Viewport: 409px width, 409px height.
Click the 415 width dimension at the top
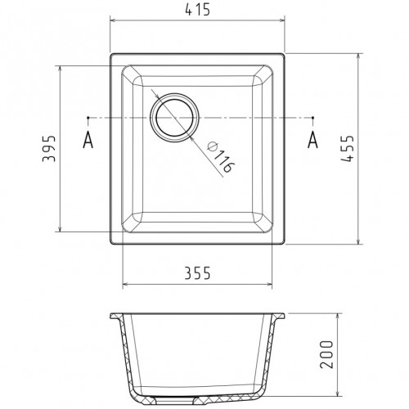click(x=198, y=11)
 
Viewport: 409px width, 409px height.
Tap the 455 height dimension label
click(x=348, y=148)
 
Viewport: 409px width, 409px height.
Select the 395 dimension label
click(x=49, y=149)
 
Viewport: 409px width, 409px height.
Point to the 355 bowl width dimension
click(x=198, y=273)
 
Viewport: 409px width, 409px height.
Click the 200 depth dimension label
click(x=326, y=354)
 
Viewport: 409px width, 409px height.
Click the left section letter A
click(x=88, y=140)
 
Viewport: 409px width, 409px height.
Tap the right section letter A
click(x=312, y=140)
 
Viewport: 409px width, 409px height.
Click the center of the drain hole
click(x=174, y=118)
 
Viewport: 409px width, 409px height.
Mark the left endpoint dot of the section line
click(x=88, y=118)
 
